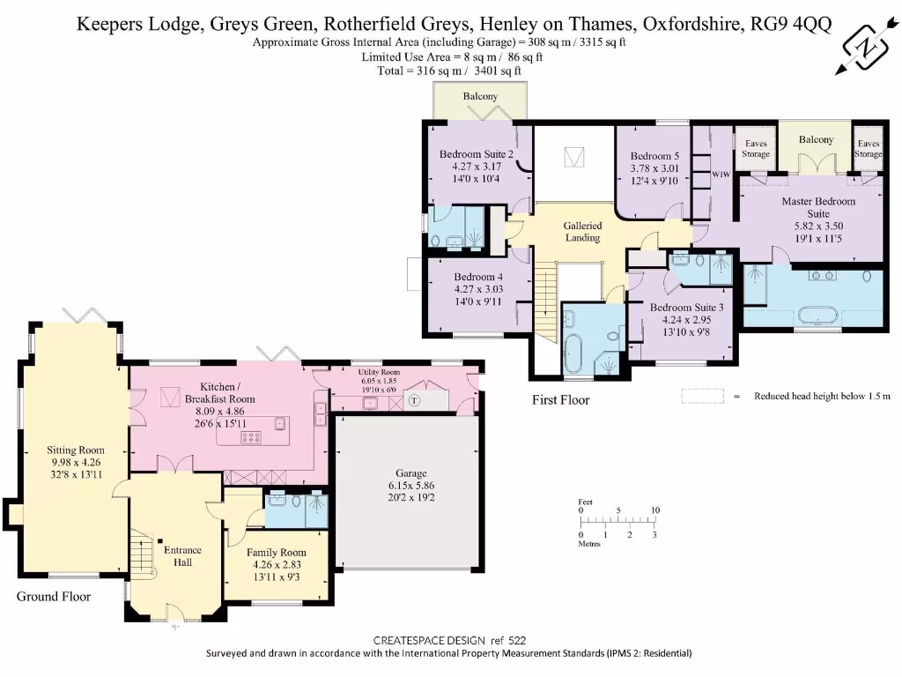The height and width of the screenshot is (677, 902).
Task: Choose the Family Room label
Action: click(277, 559)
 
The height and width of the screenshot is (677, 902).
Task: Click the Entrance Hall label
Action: click(182, 556)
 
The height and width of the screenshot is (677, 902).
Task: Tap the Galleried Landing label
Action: click(582, 231)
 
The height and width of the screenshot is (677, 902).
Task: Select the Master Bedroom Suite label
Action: click(818, 212)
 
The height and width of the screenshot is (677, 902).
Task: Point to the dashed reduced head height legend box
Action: click(701, 397)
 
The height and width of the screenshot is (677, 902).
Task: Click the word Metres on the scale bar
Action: click(591, 544)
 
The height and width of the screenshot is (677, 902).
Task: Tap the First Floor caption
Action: click(560, 400)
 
